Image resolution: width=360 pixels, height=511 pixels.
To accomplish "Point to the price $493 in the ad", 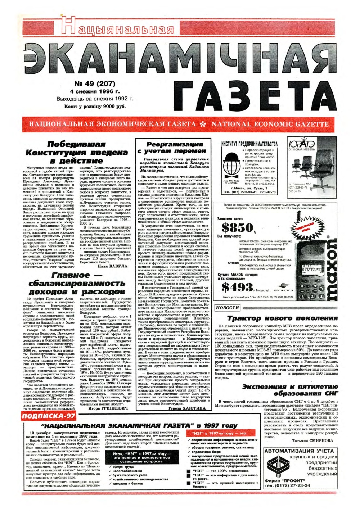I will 237,287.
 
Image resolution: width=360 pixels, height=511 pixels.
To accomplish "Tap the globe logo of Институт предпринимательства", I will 231,165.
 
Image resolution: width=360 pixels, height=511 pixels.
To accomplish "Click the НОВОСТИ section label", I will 227,308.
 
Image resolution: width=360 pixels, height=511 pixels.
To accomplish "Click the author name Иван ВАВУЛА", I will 113,266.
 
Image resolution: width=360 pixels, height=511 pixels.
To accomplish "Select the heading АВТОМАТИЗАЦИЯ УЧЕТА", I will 299,451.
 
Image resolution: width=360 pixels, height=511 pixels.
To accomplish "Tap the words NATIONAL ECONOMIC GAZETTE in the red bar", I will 270,124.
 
